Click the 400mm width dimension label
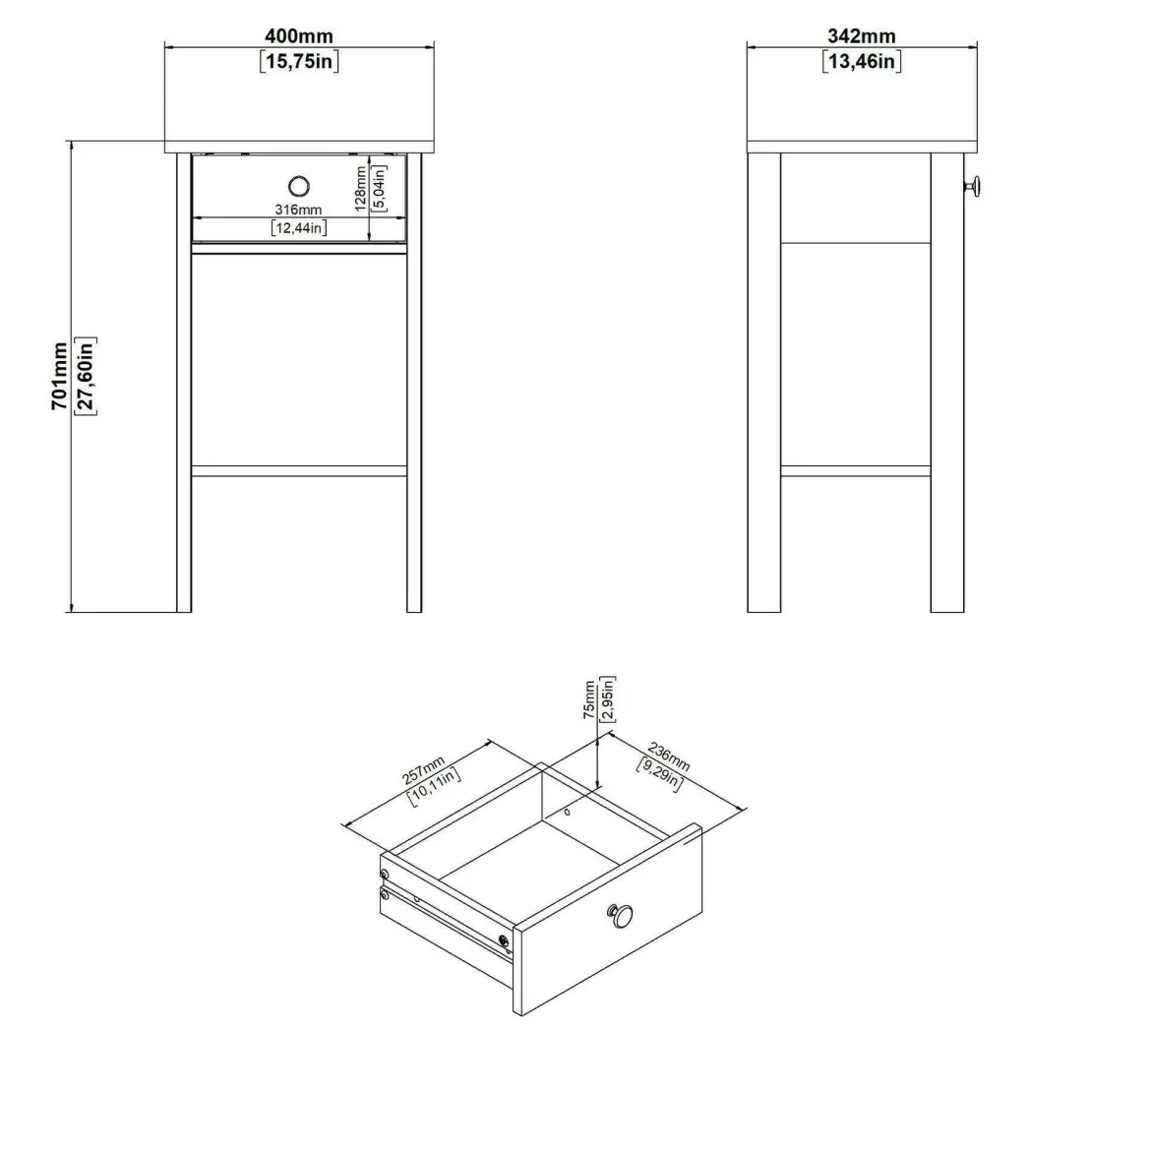pyautogui.click(x=299, y=36)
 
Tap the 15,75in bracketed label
pyautogui.click(x=299, y=61)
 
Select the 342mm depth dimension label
pyautogui.click(x=862, y=36)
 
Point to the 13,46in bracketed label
pyautogui.click(x=862, y=61)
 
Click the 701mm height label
pyautogui.click(x=59, y=376)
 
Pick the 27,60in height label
pyautogui.click(x=86, y=376)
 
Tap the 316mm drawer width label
pyautogui.click(x=298, y=210)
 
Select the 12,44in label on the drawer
pyautogui.click(x=299, y=228)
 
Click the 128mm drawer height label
pyautogui.click(x=360, y=189)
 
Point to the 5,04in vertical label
pyautogui.click(x=379, y=189)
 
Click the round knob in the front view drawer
pyautogui.click(x=299, y=187)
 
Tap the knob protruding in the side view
pyautogui.click(x=973, y=187)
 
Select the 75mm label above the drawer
pyautogui.click(x=589, y=699)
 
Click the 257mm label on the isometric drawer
pyautogui.click(x=423, y=768)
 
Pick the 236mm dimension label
pyautogui.click(x=669, y=757)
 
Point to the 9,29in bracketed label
pyautogui.click(x=660, y=775)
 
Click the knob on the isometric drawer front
pyautogui.click(x=621, y=916)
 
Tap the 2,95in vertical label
pyautogui.click(x=608, y=699)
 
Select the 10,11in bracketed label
pyautogui.click(x=434, y=787)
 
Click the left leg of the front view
pyautogui.click(x=184, y=383)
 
